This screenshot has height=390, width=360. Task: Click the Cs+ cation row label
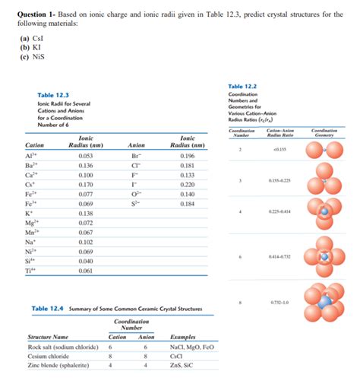pos(30,184)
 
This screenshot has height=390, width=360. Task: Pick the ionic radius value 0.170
pos(86,184)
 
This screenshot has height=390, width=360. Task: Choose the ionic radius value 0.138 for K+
pos(86,214)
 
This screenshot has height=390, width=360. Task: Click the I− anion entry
pos(135,184)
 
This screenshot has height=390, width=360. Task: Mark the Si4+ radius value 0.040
pos(86,261)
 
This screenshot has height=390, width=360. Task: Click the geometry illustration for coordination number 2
pos(324,151)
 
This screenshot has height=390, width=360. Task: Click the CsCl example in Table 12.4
pos(178,356)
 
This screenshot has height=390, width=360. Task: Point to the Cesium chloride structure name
pos(50,356)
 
